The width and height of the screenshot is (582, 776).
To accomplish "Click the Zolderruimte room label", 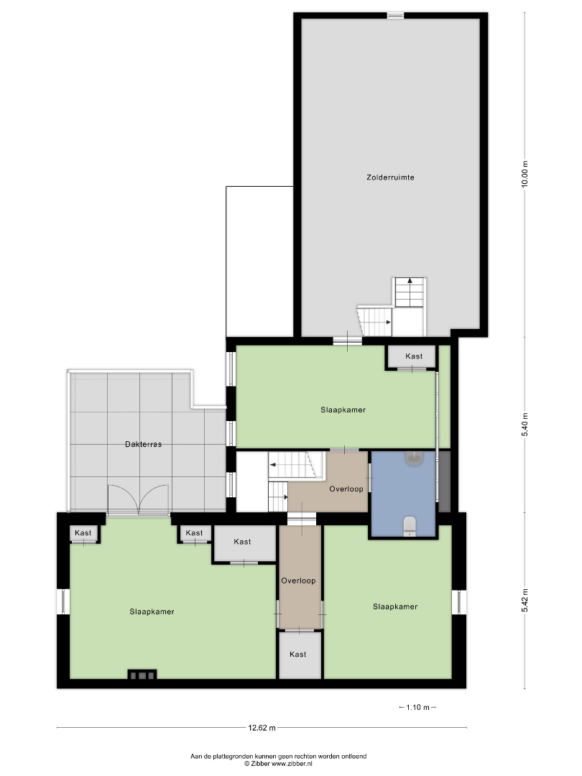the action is point(390,177).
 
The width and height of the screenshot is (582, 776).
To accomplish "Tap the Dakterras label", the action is point(143,445).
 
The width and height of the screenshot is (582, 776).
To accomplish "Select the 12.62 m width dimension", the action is point(262,727).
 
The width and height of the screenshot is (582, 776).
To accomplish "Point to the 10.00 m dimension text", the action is point(525,174).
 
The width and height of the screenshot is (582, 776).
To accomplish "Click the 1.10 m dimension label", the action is point(417,707).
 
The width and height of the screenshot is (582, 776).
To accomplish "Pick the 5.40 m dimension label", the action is point(525,424).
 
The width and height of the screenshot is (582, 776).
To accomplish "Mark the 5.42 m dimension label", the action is point(525,600).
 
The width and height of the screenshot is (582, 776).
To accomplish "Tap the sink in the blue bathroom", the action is point(414,458).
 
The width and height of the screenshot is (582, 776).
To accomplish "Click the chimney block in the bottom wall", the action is point(142,675).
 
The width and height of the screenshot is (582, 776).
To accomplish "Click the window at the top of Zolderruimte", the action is point(395,15).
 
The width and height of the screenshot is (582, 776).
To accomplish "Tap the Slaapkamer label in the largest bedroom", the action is point(152,611).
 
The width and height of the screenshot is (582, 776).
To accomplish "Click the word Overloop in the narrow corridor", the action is point(298,581).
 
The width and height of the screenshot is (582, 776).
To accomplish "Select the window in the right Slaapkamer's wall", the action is point(459,602).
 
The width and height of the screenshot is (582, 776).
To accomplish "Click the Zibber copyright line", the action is point(278,764).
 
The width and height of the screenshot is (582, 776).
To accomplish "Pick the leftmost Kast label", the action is point(83,533).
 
